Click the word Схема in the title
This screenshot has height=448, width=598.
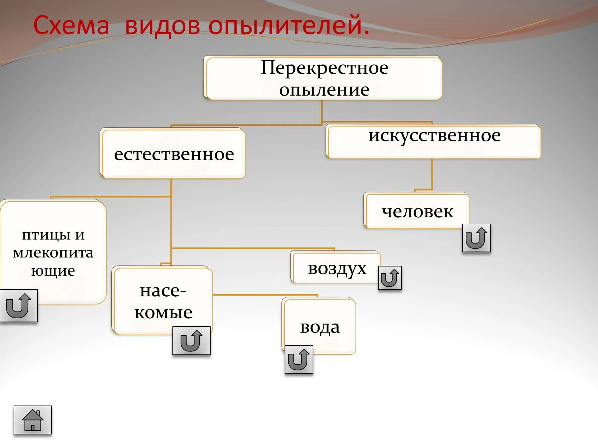71,25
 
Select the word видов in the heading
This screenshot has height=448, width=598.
162,25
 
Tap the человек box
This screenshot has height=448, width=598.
417,211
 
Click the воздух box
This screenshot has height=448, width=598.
337,268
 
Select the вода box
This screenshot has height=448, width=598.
320,327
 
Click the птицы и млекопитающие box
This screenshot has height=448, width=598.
53,252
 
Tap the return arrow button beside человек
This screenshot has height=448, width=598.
476,238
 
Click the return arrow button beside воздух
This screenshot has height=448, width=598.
390,278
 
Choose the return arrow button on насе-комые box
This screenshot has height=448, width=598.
191,340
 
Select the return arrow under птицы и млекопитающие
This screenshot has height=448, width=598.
19,306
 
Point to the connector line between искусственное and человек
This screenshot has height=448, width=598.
432,174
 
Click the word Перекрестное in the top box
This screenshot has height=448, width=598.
324,68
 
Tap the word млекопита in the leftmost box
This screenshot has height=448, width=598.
53,253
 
